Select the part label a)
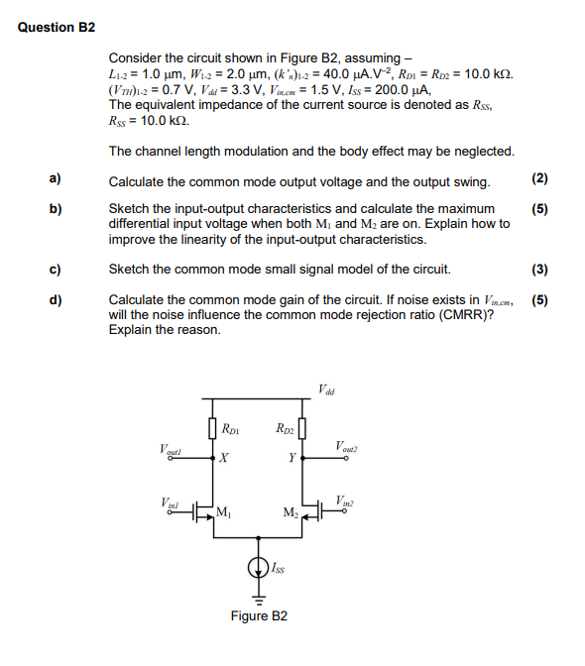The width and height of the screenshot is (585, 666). pyautogui.click(x=57, y=179)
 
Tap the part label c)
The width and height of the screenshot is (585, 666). pyautogui.click(x=57, y=269)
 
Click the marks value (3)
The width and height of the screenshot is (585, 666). pyautogui.click(x=539, y=269)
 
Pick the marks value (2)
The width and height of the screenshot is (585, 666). pyautogui.click(x=539, y=179)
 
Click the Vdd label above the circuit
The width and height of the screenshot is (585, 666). pyautogui.click(x=326, y=388)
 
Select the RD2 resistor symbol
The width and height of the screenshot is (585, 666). pyautogui.click(x=301, y=430)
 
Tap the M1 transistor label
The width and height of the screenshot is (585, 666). pyautogui.click(x=225, y=511)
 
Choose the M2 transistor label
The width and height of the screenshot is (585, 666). pyautogui.click(x=290, y=512)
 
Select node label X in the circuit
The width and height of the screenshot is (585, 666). pyautogui.click(x=225, y=458)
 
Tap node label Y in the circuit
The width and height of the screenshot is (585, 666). pyautogui.click(x=290, y=458)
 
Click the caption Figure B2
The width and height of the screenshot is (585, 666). pyautogui.click(x=259, y=615)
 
